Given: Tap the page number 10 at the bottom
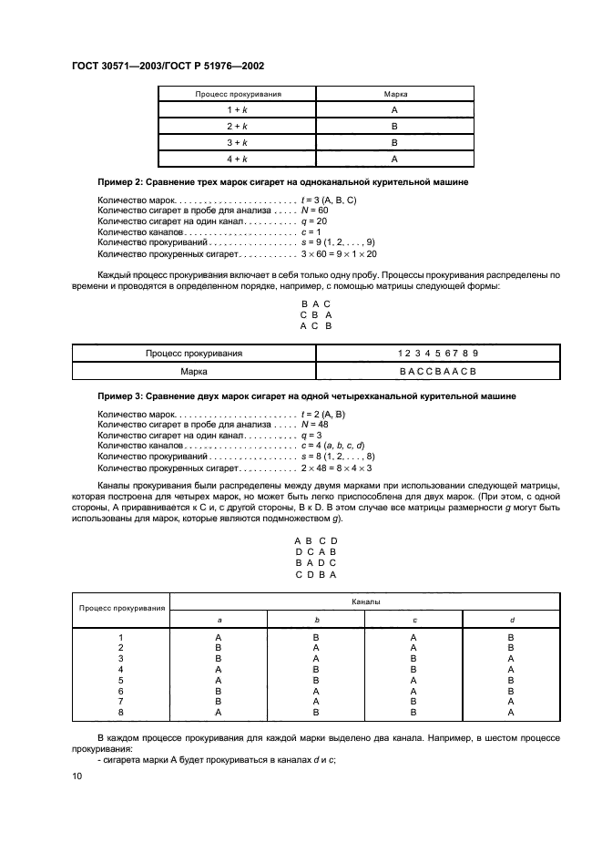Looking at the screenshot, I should pos(77,776).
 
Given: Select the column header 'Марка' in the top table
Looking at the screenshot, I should pos(394,94).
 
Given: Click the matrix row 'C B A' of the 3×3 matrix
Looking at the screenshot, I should pos(315,314).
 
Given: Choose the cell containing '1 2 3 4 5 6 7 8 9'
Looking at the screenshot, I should pos(437,353).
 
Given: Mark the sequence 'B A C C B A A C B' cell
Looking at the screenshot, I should pos(437,372).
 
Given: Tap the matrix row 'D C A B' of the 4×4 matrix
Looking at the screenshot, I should pos(315,551).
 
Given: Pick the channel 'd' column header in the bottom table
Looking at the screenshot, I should pos(510,620).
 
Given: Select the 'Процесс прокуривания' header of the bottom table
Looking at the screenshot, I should pos(121,608).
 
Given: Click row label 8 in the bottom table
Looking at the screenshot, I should pos(121,713).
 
